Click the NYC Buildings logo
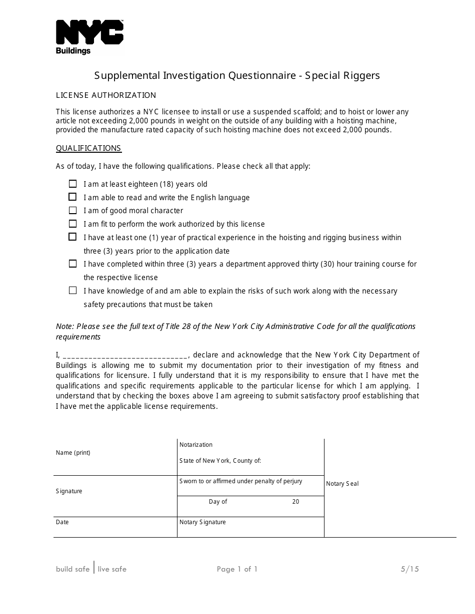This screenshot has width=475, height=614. pos(89,37)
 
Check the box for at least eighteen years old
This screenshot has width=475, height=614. pos(73,184)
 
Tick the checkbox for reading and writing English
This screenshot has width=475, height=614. pos(73,197)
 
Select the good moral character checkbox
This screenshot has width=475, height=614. pos(73,210)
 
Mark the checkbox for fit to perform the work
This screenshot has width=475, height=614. pos(73,224)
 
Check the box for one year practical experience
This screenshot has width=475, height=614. pos(73,237)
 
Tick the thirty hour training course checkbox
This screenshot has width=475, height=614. pos(73,264)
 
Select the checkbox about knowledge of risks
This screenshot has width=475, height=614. pos(73,290)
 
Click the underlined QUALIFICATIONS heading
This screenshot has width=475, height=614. pos(88,148)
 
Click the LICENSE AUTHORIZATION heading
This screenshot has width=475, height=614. pos(106,95)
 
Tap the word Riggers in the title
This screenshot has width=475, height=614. pos(362,75)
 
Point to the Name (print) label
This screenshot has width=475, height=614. pos(73,453)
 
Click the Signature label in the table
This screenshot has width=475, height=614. pos(69,491)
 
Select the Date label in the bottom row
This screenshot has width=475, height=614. pos(62,522)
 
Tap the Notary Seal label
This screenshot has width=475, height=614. pos(342,484)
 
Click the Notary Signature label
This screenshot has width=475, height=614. pos(202,522)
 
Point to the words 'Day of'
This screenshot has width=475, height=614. pos(218,502)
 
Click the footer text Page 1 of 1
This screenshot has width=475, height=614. pos(237,569)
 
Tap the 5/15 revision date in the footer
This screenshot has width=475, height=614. pos(409,569)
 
